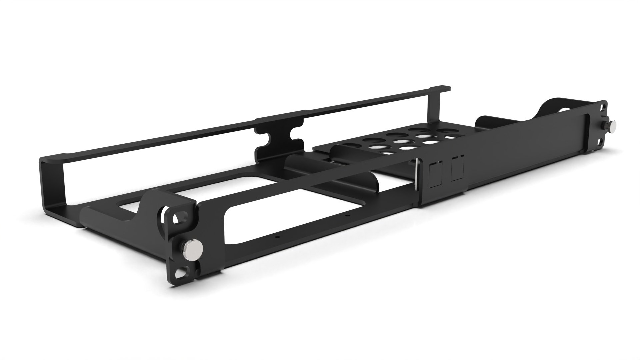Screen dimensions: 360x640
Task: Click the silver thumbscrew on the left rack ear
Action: (192, 248)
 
